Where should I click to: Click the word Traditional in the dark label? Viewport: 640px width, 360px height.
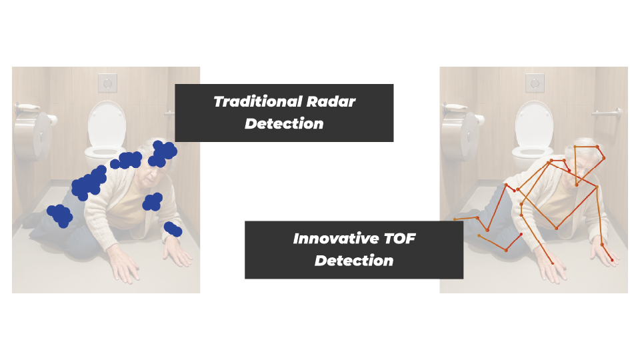[x=258, y=101]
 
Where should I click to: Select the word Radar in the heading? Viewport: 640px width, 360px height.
[x=331, y=101]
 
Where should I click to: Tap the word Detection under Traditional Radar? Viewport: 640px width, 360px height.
[x=284, y=124]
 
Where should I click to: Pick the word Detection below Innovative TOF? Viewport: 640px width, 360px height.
[x=354, y=261]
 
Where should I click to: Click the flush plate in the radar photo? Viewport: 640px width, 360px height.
[x=107, y=83]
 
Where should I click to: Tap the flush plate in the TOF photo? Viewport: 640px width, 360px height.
[x=535, y=83]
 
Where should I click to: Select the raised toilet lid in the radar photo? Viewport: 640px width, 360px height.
[x=107, y=124]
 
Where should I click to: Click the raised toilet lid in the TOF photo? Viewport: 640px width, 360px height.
[x=534, y=124]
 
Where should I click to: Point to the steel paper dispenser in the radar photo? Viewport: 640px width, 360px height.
[x=33, y=135]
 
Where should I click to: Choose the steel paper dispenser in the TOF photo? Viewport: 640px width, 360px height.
[x=461, y=135]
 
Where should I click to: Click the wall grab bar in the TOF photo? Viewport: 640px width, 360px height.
[x=607, y=113]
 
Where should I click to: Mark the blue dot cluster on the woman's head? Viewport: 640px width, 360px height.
[x=163, y=153]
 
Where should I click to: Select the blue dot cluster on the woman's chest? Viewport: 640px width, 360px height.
[x=153, y=202]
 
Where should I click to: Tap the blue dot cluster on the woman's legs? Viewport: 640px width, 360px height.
[x=60, y=216]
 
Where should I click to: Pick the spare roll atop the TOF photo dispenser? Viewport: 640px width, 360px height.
[x=455, y=107]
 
